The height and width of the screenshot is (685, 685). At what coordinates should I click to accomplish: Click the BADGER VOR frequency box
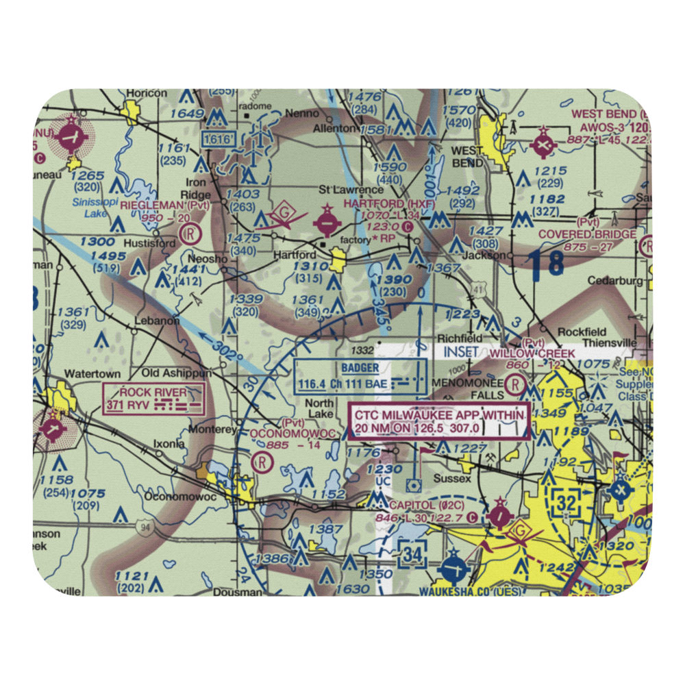coord(360,376)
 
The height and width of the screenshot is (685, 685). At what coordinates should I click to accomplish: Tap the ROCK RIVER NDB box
coord(154,399)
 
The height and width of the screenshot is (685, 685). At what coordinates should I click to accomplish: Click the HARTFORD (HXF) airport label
coord(379,204)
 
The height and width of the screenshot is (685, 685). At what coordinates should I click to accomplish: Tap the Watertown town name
coord(92,374)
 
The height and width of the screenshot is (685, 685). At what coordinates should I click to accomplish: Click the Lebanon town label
coord(158,320)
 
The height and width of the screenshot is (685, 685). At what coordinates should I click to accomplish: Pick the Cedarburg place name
coord(618,281)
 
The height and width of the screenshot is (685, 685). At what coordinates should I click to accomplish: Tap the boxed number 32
coord(566,504)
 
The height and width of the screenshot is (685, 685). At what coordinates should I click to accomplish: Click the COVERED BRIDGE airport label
coord(586,234)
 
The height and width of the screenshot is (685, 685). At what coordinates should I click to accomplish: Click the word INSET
coord(462,352)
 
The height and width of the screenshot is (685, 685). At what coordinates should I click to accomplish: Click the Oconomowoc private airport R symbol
coord(261,462)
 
